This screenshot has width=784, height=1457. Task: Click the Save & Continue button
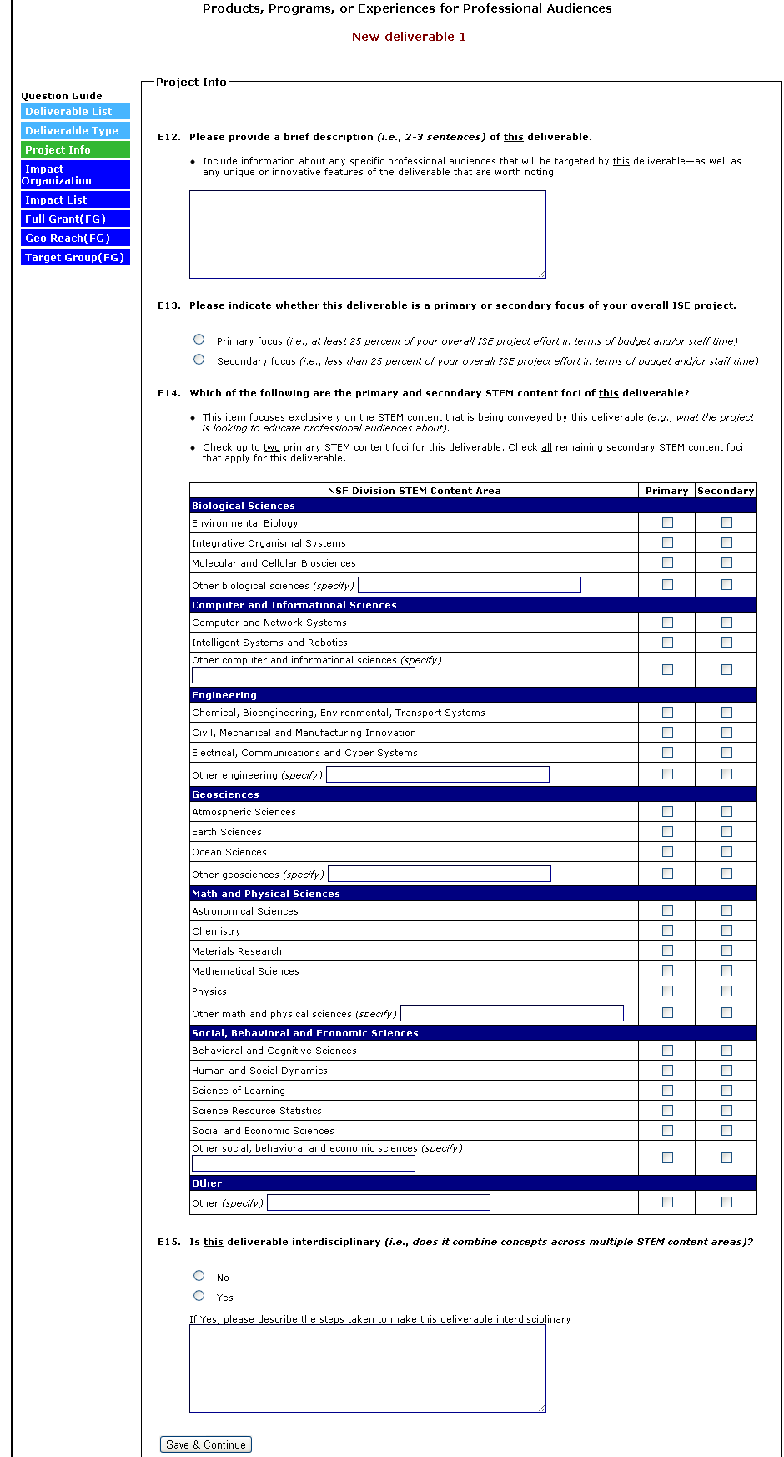click(x=205, y=1444)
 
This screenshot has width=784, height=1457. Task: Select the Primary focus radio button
click(x=199, y=340)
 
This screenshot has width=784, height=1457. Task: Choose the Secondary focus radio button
click(x=199, y=360)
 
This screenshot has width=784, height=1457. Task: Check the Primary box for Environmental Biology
click(x=667, y=523)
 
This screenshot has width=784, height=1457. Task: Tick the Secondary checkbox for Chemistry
click(x=726, y=931)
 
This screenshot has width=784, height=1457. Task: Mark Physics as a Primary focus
click(x=667, y=991)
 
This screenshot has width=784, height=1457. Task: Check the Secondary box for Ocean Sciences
click(x=726, y=852)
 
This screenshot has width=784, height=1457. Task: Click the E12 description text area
click(x=367, y=234)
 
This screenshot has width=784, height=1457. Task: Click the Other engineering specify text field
click(x=437, y=774)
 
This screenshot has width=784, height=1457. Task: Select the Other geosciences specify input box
click(x=439, y=874)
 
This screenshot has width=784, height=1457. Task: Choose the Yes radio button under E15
click(x=199, y=1296)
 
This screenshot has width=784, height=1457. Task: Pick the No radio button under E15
click(x=199, y=1276)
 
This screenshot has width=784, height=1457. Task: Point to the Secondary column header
click(x=726, y=491)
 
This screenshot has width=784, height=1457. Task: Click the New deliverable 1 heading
click(x=409, y=37)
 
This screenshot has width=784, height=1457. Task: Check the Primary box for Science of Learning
click(x=667, y=1091)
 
